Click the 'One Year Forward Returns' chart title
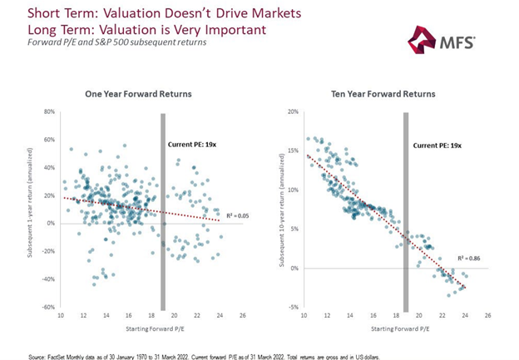point(137,94)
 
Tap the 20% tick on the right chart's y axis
point(292,111)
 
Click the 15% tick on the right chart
point(292,150)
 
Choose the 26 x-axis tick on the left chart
point(241,317)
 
